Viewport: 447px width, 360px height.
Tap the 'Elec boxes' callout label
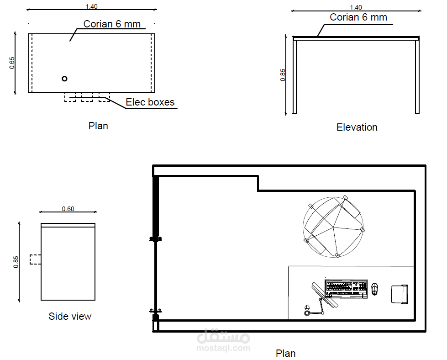coord(150,102)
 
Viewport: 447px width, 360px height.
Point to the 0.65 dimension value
coord(12,63)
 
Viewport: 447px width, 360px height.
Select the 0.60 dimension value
coord(68,209)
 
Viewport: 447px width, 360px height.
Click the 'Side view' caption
coord(70,316)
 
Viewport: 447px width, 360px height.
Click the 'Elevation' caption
coord(357,127)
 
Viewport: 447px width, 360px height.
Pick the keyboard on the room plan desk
coord(346,289)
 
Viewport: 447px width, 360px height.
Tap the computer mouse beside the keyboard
coord(374,289)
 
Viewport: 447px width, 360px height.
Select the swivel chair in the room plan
coord(333,228)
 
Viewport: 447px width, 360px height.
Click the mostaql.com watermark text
coord(224,348)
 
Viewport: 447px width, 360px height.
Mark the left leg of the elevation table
coord(295,76)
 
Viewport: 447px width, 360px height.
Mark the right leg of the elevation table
coord(417,76)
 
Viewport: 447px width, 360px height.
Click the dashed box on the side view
coord(35,259)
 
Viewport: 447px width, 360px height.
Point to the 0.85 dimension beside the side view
coord(16,262)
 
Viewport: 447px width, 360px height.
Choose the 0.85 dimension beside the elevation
coord(283,75)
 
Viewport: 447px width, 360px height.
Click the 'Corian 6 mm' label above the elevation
coord(358,17)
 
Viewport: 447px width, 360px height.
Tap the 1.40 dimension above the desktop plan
coord(91,6)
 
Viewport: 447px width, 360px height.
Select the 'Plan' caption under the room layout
coord(285,354)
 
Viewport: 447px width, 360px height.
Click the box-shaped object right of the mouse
coord(400,294)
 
